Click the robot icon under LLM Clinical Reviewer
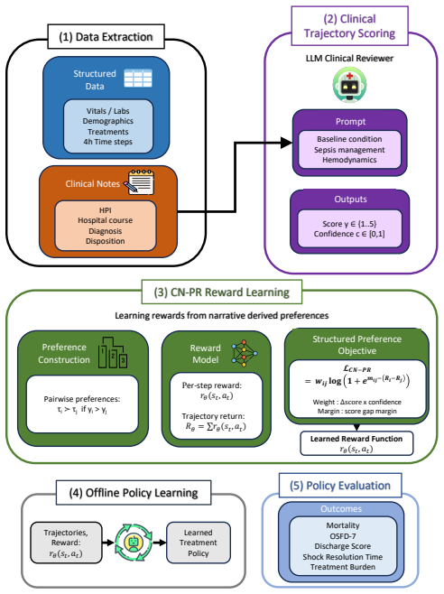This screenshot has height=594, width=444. (x=349, y=85)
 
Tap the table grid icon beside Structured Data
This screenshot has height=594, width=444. (x=138, y=78)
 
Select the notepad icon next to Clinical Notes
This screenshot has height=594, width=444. (x=139, y=182)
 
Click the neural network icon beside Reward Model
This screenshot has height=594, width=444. (x=245, y=353)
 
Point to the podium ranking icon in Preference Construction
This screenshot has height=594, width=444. (x=113, y=353)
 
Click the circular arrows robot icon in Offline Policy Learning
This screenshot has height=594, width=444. (x=134, y=543)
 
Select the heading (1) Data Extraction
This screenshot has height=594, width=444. (x=106, y=37)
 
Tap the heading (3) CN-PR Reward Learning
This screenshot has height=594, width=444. (x=222, y=292)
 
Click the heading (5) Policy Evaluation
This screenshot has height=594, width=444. (x=340, y=486)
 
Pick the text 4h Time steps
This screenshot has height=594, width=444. (x=108, y=142)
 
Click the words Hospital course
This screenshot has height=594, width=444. (x=106, y=220)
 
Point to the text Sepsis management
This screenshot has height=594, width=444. (x=349, y=150)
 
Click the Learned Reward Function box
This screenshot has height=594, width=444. (x=356, y=443)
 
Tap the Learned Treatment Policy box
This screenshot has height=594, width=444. (x=199, y=543)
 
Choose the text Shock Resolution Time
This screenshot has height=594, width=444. (x=342, y=557)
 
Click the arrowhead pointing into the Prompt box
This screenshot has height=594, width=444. (x=287, y=143)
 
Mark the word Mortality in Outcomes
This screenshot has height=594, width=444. (x=343, y=525)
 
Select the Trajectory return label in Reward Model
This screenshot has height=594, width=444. (x=213, y=416)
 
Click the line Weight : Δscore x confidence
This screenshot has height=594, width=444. (x=356, y=402)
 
